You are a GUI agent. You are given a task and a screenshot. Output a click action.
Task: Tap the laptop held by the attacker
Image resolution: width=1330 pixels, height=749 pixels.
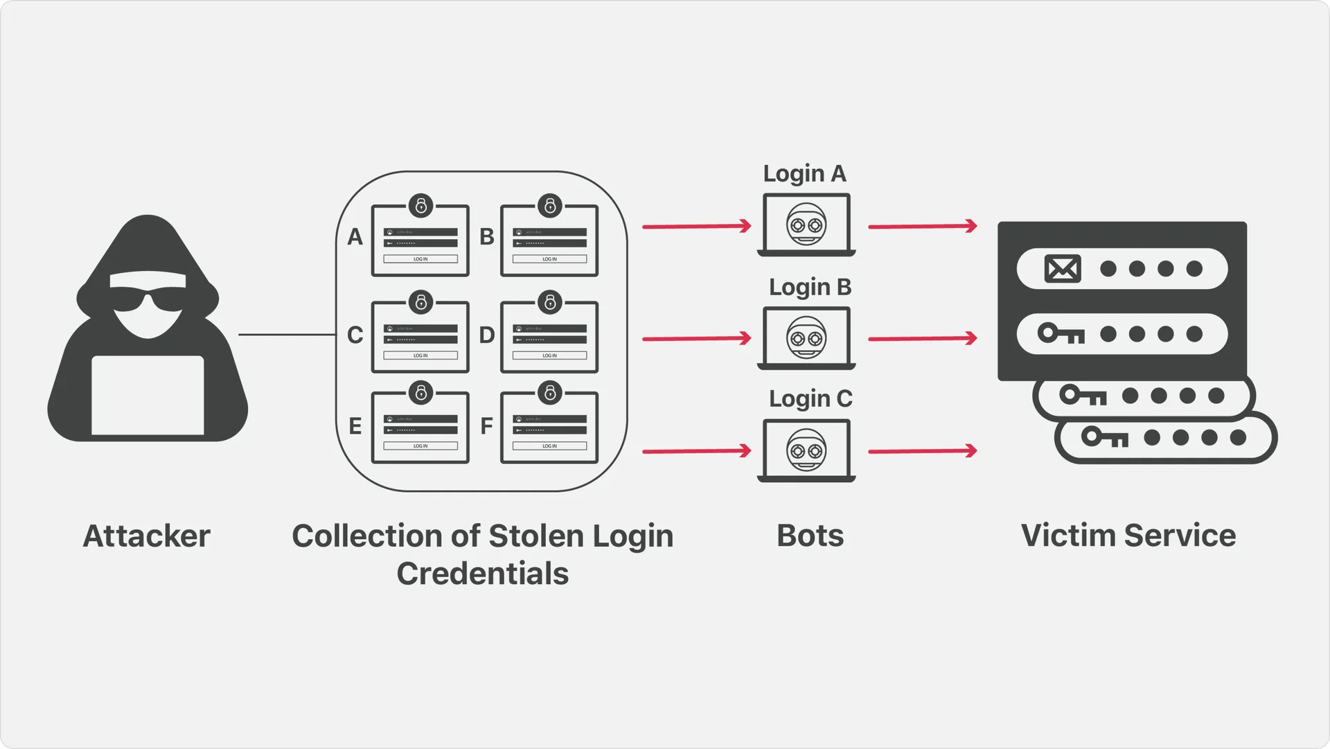148,395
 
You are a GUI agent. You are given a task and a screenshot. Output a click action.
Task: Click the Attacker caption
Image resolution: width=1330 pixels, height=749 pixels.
146,536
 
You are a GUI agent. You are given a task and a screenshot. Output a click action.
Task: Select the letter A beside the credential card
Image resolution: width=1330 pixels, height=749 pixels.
355,237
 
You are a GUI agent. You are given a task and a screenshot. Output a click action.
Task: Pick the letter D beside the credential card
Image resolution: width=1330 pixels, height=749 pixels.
487,335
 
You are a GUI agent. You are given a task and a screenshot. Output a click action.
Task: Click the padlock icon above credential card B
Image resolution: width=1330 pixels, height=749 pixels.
550,205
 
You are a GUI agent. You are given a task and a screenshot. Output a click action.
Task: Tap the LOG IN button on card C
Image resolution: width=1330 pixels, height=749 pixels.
420,355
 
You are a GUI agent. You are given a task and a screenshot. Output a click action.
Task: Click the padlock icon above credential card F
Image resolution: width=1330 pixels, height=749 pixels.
550,393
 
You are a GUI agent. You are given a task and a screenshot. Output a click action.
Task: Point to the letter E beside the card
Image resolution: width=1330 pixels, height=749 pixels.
355,426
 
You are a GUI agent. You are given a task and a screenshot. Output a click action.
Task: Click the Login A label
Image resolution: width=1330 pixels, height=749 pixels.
804,174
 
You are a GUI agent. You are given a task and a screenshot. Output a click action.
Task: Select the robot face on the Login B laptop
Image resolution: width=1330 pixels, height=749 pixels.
806,337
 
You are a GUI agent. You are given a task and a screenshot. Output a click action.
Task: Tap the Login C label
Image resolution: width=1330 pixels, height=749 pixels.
810,399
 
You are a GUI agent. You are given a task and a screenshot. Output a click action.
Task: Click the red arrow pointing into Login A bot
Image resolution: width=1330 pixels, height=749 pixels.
697,226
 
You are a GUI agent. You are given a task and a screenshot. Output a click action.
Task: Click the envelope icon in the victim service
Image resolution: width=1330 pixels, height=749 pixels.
1062,269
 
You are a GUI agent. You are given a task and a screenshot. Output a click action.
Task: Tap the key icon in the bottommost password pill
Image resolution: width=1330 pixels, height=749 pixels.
1105,437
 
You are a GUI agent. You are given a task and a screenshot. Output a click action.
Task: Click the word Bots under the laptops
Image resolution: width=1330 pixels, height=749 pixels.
810,536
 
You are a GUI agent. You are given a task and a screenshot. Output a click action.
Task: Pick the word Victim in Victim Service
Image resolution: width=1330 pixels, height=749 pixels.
1068,536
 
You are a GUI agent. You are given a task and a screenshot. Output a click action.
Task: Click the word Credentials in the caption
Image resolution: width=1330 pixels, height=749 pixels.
482,574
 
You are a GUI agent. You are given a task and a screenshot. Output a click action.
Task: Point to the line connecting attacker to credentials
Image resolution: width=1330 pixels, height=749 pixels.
287,335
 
